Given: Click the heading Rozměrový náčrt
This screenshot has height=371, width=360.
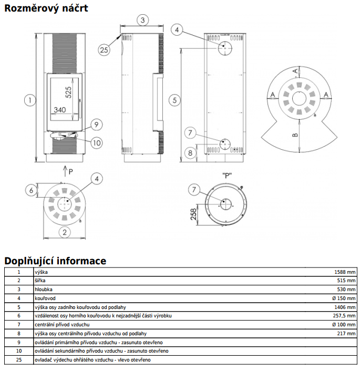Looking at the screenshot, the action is pyautogui.click(x=46, y=8).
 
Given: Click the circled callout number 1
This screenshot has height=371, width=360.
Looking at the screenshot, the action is pyautogui.click(x=30, y=100).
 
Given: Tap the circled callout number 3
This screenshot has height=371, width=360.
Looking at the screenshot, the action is pyautogui.click(x=142, y=20).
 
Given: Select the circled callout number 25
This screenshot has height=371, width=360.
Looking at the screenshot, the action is pyautogui.click(x=104, y=50).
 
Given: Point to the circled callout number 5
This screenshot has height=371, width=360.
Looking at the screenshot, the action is pyautogui.click(x=174, y=100).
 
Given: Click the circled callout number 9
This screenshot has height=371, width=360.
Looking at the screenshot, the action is pyautogui.click(x=96, y=125).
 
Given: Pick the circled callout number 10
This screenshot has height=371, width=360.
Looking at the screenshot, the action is pyautogui.click(x=97, y=143).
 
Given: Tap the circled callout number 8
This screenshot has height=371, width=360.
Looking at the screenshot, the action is pyautogui.click(x=190, y=153).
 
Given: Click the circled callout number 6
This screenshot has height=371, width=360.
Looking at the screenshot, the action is pyautogui.click(x=31, y=190).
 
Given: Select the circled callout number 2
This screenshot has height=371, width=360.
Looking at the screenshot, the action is pyautogui.click(x=65, y=232).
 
